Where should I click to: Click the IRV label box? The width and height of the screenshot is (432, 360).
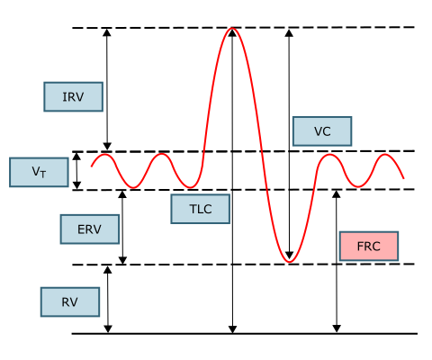tap(74, 97)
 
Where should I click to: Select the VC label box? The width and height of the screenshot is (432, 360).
tap(322, 131)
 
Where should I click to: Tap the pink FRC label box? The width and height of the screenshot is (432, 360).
tap(369, 246)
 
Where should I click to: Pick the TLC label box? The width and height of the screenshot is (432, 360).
tap(201, 209)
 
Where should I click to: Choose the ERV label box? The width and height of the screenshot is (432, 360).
tap(90, 229)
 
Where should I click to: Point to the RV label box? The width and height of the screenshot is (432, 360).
tap(70, 301)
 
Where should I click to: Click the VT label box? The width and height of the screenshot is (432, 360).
tap(39, 172)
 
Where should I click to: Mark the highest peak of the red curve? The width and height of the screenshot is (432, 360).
tap(232, 28)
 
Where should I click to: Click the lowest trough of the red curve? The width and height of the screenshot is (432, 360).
tap(290, 262)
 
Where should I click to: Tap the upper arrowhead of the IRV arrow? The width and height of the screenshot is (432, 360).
tap(107, 32)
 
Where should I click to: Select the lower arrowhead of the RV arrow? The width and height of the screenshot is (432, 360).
tap(108, 328)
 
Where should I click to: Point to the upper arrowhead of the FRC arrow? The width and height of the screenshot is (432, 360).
tap(337, 194)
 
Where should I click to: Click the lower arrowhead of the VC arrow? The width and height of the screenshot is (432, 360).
tap(289, 255)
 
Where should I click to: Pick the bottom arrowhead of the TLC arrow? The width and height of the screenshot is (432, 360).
tap(232, 329)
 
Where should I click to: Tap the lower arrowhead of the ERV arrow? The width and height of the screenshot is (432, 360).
tap(122, 260)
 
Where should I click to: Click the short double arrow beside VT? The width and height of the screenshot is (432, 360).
tap(77, 171)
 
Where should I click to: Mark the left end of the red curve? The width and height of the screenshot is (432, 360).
tap(92, 166)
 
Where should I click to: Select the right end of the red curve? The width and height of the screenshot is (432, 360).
tap(404, 178)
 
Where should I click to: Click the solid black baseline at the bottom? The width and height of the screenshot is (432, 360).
tap(245, 334)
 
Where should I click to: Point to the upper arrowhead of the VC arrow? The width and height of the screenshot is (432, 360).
tap(289, 33)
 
